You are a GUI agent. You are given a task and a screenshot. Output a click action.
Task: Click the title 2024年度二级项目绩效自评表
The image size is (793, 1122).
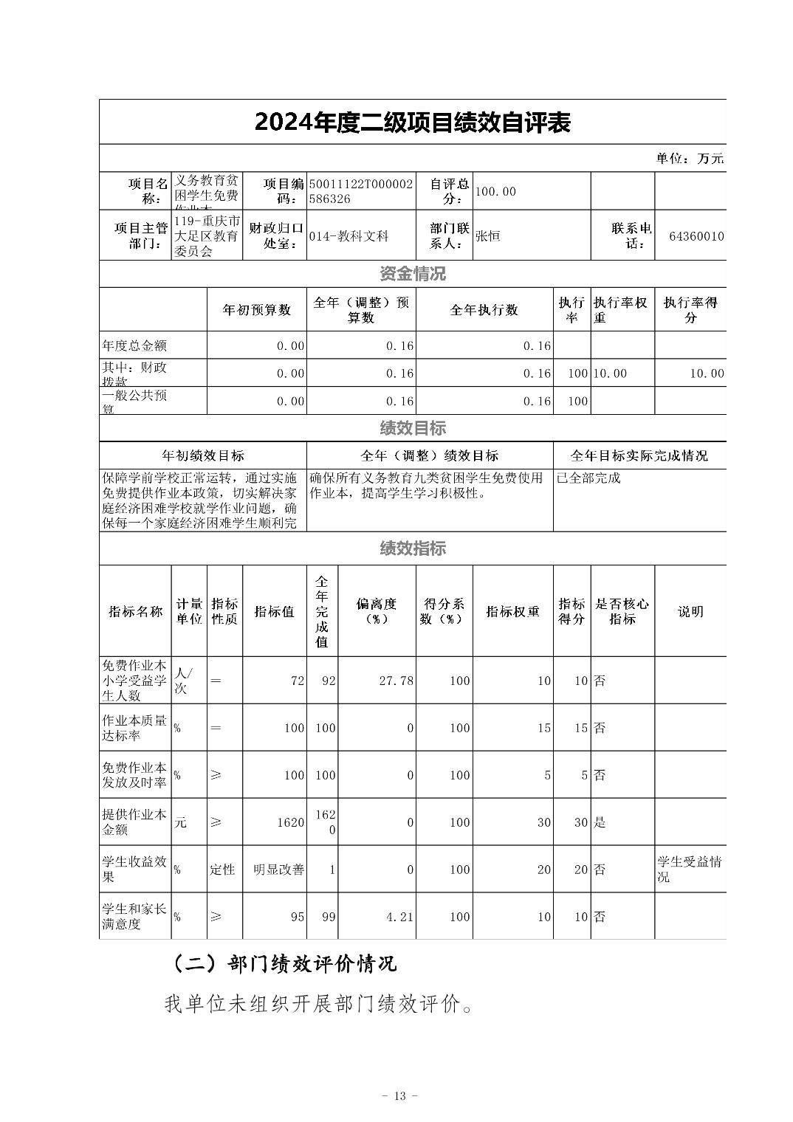[x=413, y=123]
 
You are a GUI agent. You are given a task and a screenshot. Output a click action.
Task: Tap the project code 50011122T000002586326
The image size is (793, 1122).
[x=361, y=191]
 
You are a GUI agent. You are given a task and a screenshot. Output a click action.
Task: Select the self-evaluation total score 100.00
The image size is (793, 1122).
[x=495, y=192]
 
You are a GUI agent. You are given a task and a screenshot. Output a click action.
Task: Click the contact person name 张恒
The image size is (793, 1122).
[x=488, y=236]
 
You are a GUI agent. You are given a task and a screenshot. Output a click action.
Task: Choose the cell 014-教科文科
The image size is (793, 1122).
[x=349, y=236]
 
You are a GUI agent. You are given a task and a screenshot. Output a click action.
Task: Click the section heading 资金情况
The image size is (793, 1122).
[x=413, y=275]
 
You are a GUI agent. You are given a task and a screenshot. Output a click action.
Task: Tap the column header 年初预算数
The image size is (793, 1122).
[x=257, y=310]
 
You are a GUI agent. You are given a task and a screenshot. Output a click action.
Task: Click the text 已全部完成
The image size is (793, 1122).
[x=588, y=478]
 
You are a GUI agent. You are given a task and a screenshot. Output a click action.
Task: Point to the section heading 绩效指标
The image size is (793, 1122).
[x=413, y=548]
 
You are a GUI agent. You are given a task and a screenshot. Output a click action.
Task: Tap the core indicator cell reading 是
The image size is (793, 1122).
[x=600, y=822]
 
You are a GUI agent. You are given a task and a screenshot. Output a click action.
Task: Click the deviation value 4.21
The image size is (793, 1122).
[x=399, y=917]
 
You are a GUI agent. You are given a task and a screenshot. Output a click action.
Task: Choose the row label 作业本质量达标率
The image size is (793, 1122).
[x=135, y=728]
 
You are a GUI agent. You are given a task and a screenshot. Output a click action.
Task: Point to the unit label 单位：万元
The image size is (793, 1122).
[x=690, y=159]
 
